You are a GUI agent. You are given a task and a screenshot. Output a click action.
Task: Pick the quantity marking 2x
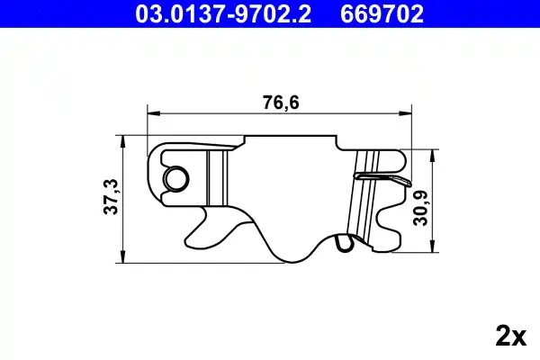coord(509,337)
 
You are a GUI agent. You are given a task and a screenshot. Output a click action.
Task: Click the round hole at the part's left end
coord(174,178)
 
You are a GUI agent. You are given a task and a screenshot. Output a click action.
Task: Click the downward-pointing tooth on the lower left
coord(203,220)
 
